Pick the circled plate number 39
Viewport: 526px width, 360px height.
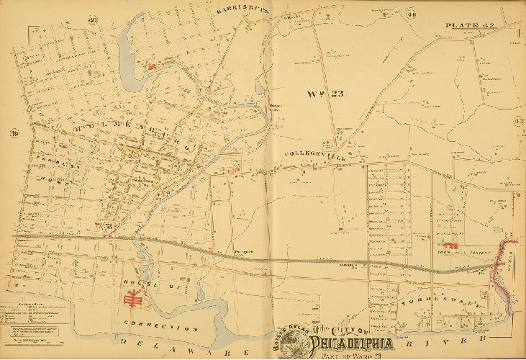click(x=14, y=133)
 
